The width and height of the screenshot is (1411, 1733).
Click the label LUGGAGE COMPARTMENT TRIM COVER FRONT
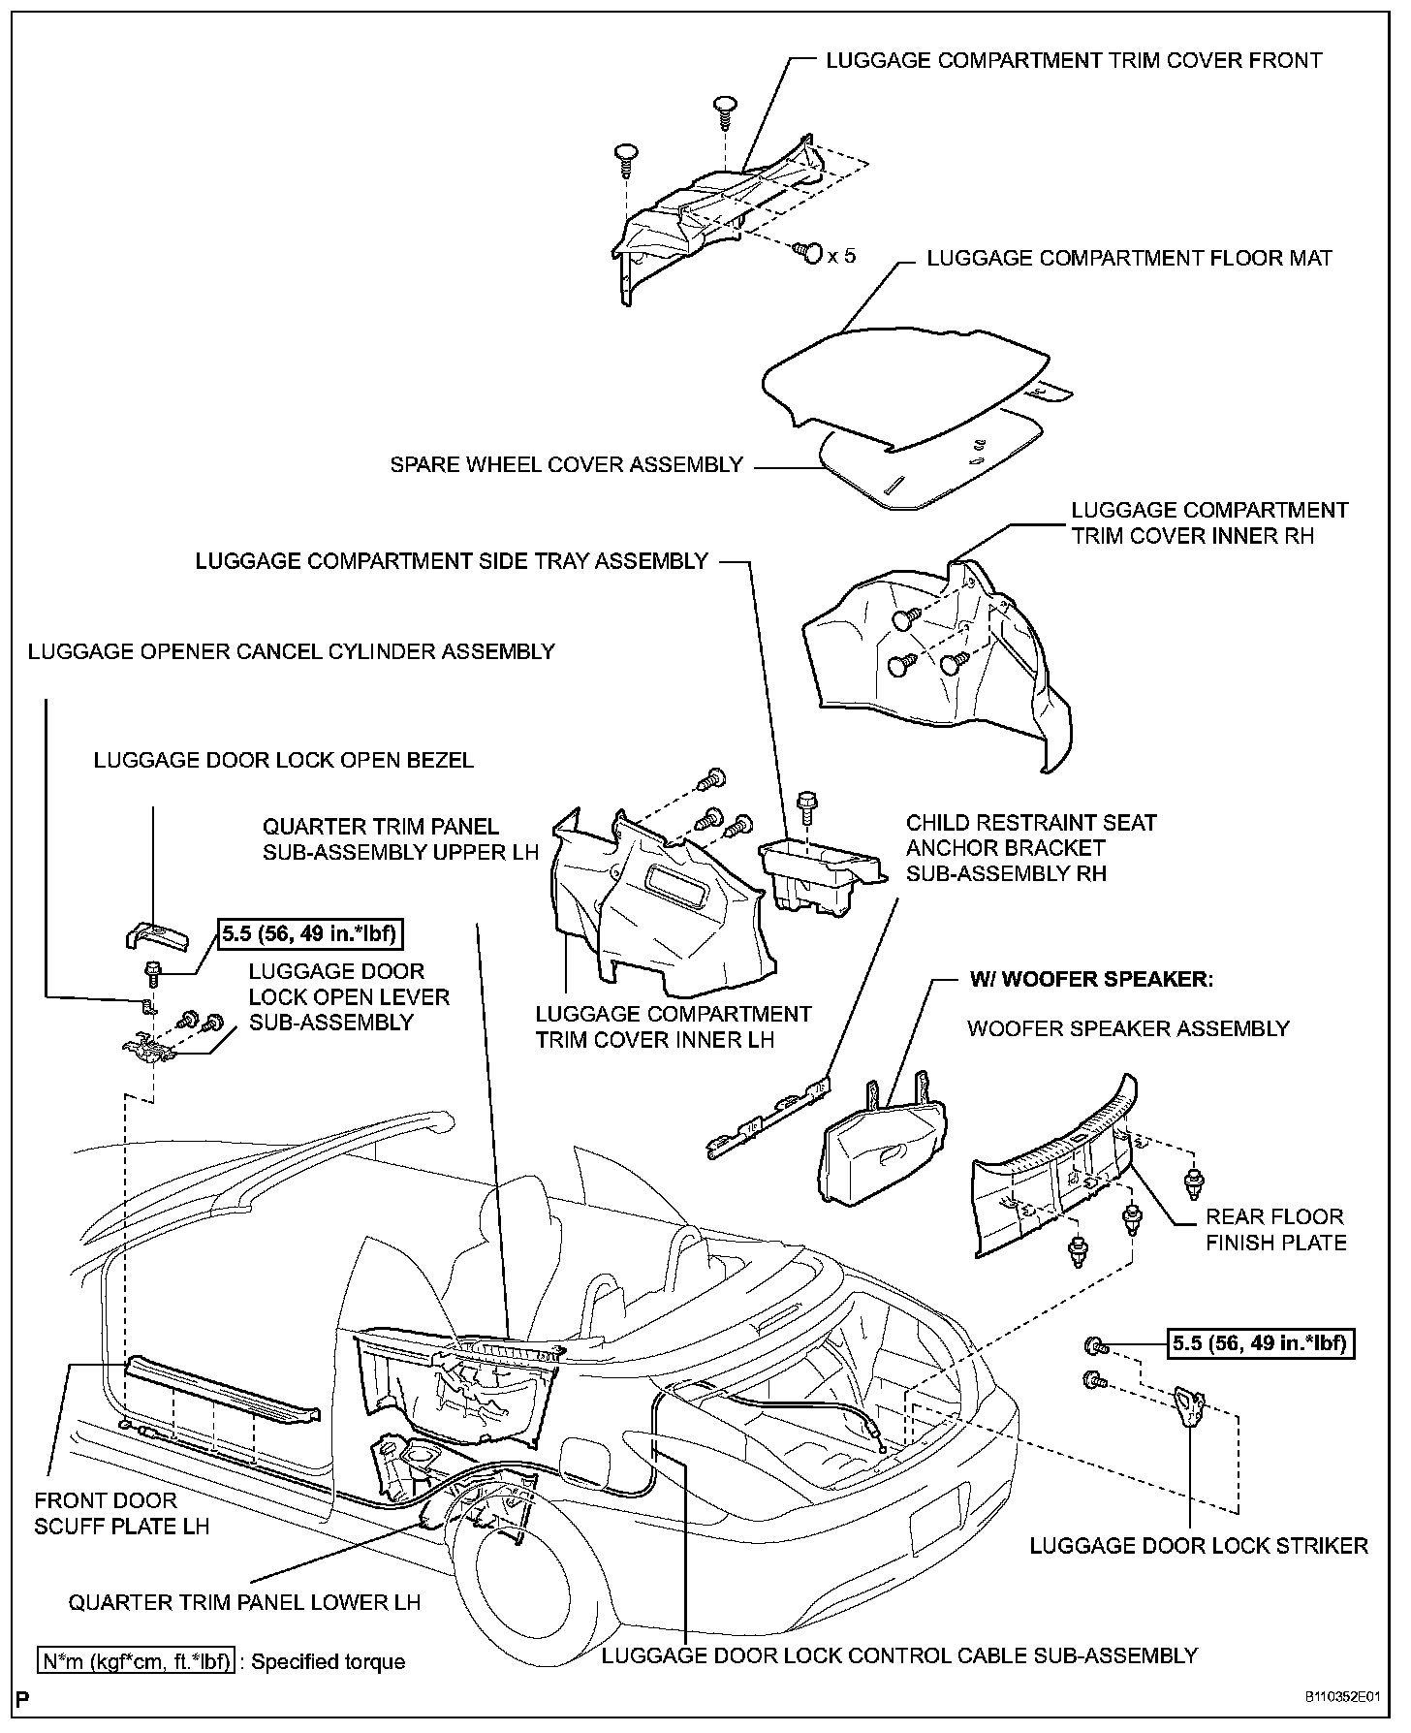1074,61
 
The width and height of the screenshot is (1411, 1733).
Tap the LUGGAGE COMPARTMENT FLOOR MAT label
1129,259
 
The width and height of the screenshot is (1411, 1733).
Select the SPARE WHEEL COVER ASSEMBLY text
566,465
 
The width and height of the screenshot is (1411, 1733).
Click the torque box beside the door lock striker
1259,1344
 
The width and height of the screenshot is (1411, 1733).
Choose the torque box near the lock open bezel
310,934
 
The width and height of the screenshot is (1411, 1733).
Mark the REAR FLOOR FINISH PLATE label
1275,1230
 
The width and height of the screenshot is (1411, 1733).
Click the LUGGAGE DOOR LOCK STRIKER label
1199,1546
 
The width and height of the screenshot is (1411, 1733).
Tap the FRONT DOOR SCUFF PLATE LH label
122,1514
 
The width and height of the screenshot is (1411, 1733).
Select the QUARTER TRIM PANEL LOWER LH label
244,1602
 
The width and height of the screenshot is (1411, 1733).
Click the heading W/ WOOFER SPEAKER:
1091,979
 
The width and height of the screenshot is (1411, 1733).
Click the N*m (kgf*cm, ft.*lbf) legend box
136,1662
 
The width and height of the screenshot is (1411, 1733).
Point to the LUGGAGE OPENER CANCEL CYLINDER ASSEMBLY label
291,652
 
